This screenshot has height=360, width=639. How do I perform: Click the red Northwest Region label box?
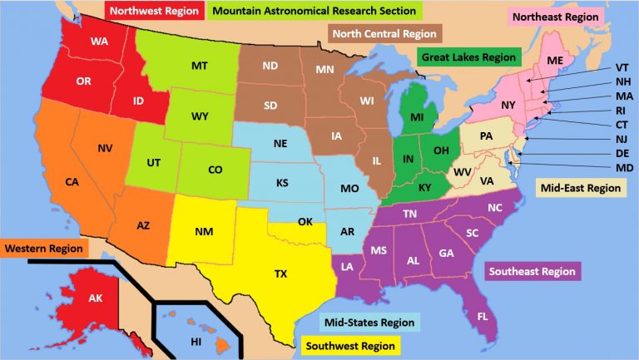(x=155, y=11)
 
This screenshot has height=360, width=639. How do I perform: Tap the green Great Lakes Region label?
(x=467, y=58)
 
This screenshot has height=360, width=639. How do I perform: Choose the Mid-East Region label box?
(x=580, y=189)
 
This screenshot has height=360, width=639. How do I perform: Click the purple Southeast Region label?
(x=532, y=271)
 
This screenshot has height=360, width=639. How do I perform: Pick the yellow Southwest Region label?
(x=349, y=344)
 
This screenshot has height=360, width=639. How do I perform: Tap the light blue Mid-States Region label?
(x=369, y=322)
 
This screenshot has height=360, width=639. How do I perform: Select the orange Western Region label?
(x=44, y=249)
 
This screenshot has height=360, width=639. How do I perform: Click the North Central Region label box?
(x=385, y=34)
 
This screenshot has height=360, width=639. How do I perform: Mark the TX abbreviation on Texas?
(x=280, y=274)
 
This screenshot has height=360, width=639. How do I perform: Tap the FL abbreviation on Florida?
(x=483, y=317)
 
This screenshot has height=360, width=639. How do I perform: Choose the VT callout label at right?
(x=622, y=67)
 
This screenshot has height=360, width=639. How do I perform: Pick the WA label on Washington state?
(x=100, y=42)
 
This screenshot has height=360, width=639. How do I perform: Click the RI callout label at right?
(x=622, y=110)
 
